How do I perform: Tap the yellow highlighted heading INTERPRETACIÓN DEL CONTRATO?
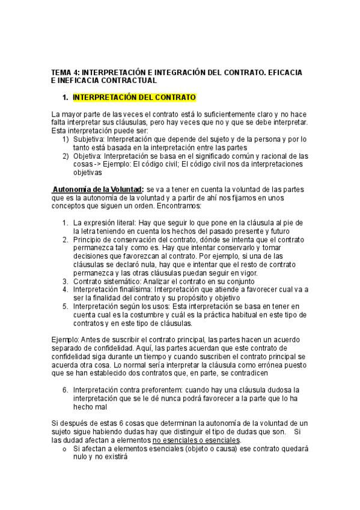click(134, 97)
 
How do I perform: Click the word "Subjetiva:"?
click(90, 139)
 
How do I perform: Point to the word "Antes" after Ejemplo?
click(91, 340)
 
